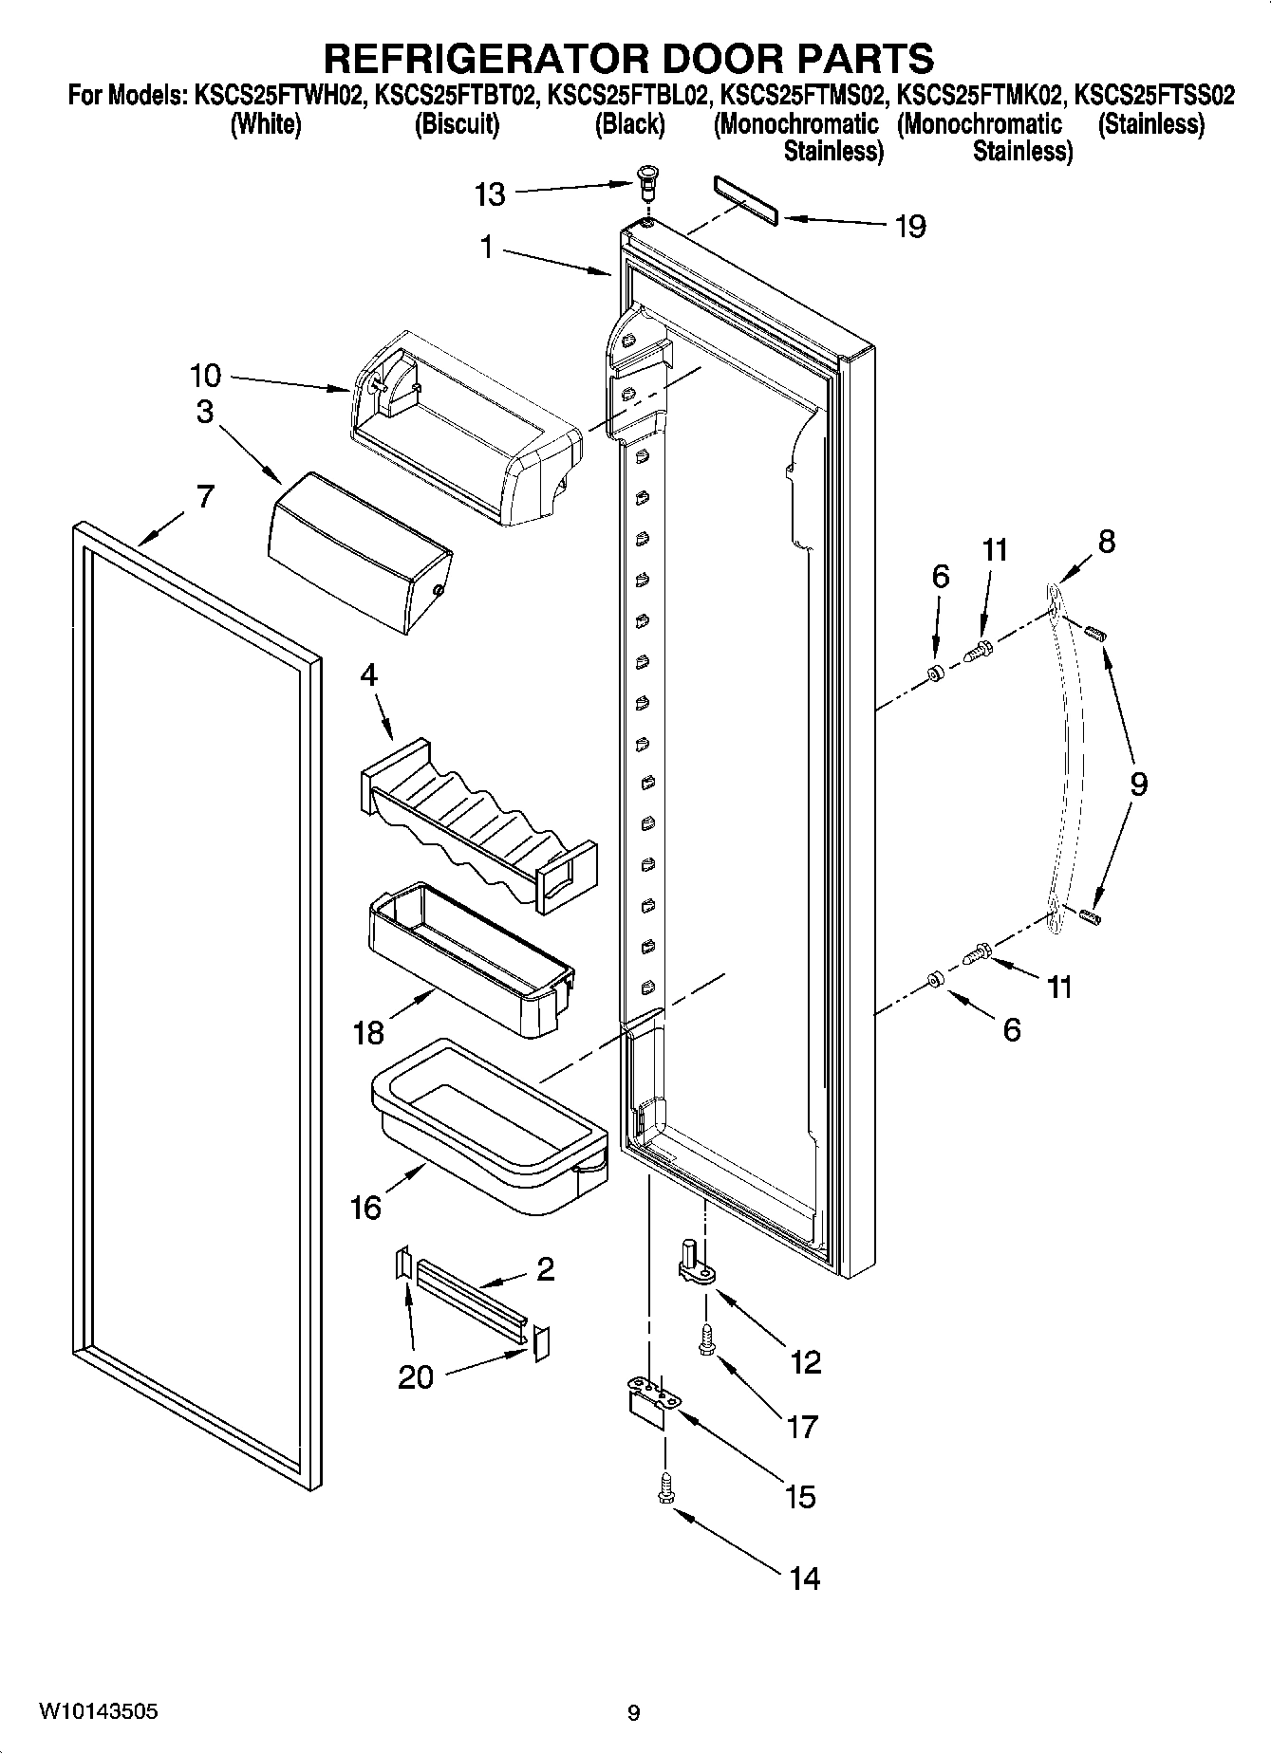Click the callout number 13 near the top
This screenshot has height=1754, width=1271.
[x=490, y=194]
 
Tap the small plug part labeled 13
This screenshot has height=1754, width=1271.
[x=648, y=179]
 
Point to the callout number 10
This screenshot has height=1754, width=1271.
[x=205, y=376]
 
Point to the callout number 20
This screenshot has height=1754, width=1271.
[x=415, y=1376]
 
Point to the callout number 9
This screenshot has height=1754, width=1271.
[x=1137, y=784]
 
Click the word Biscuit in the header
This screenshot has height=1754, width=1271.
[x=457, y=124]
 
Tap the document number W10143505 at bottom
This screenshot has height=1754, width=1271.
[x=98, y=1711]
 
